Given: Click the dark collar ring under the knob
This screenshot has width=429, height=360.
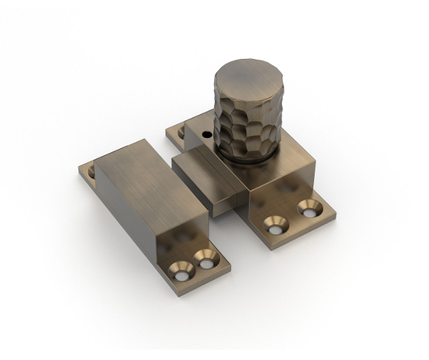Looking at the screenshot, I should point(246,159).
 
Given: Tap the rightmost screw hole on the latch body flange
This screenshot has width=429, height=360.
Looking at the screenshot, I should point(306,207).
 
